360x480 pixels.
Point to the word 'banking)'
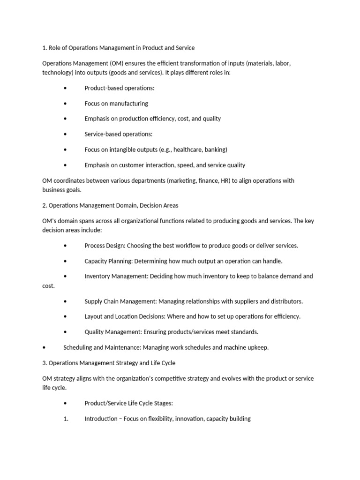tap(215, 150)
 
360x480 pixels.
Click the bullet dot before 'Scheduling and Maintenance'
tap(44, 347)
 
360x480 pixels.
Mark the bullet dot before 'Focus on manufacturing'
tap(65, 103)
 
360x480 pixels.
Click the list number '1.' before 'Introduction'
tap(66, 419)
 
